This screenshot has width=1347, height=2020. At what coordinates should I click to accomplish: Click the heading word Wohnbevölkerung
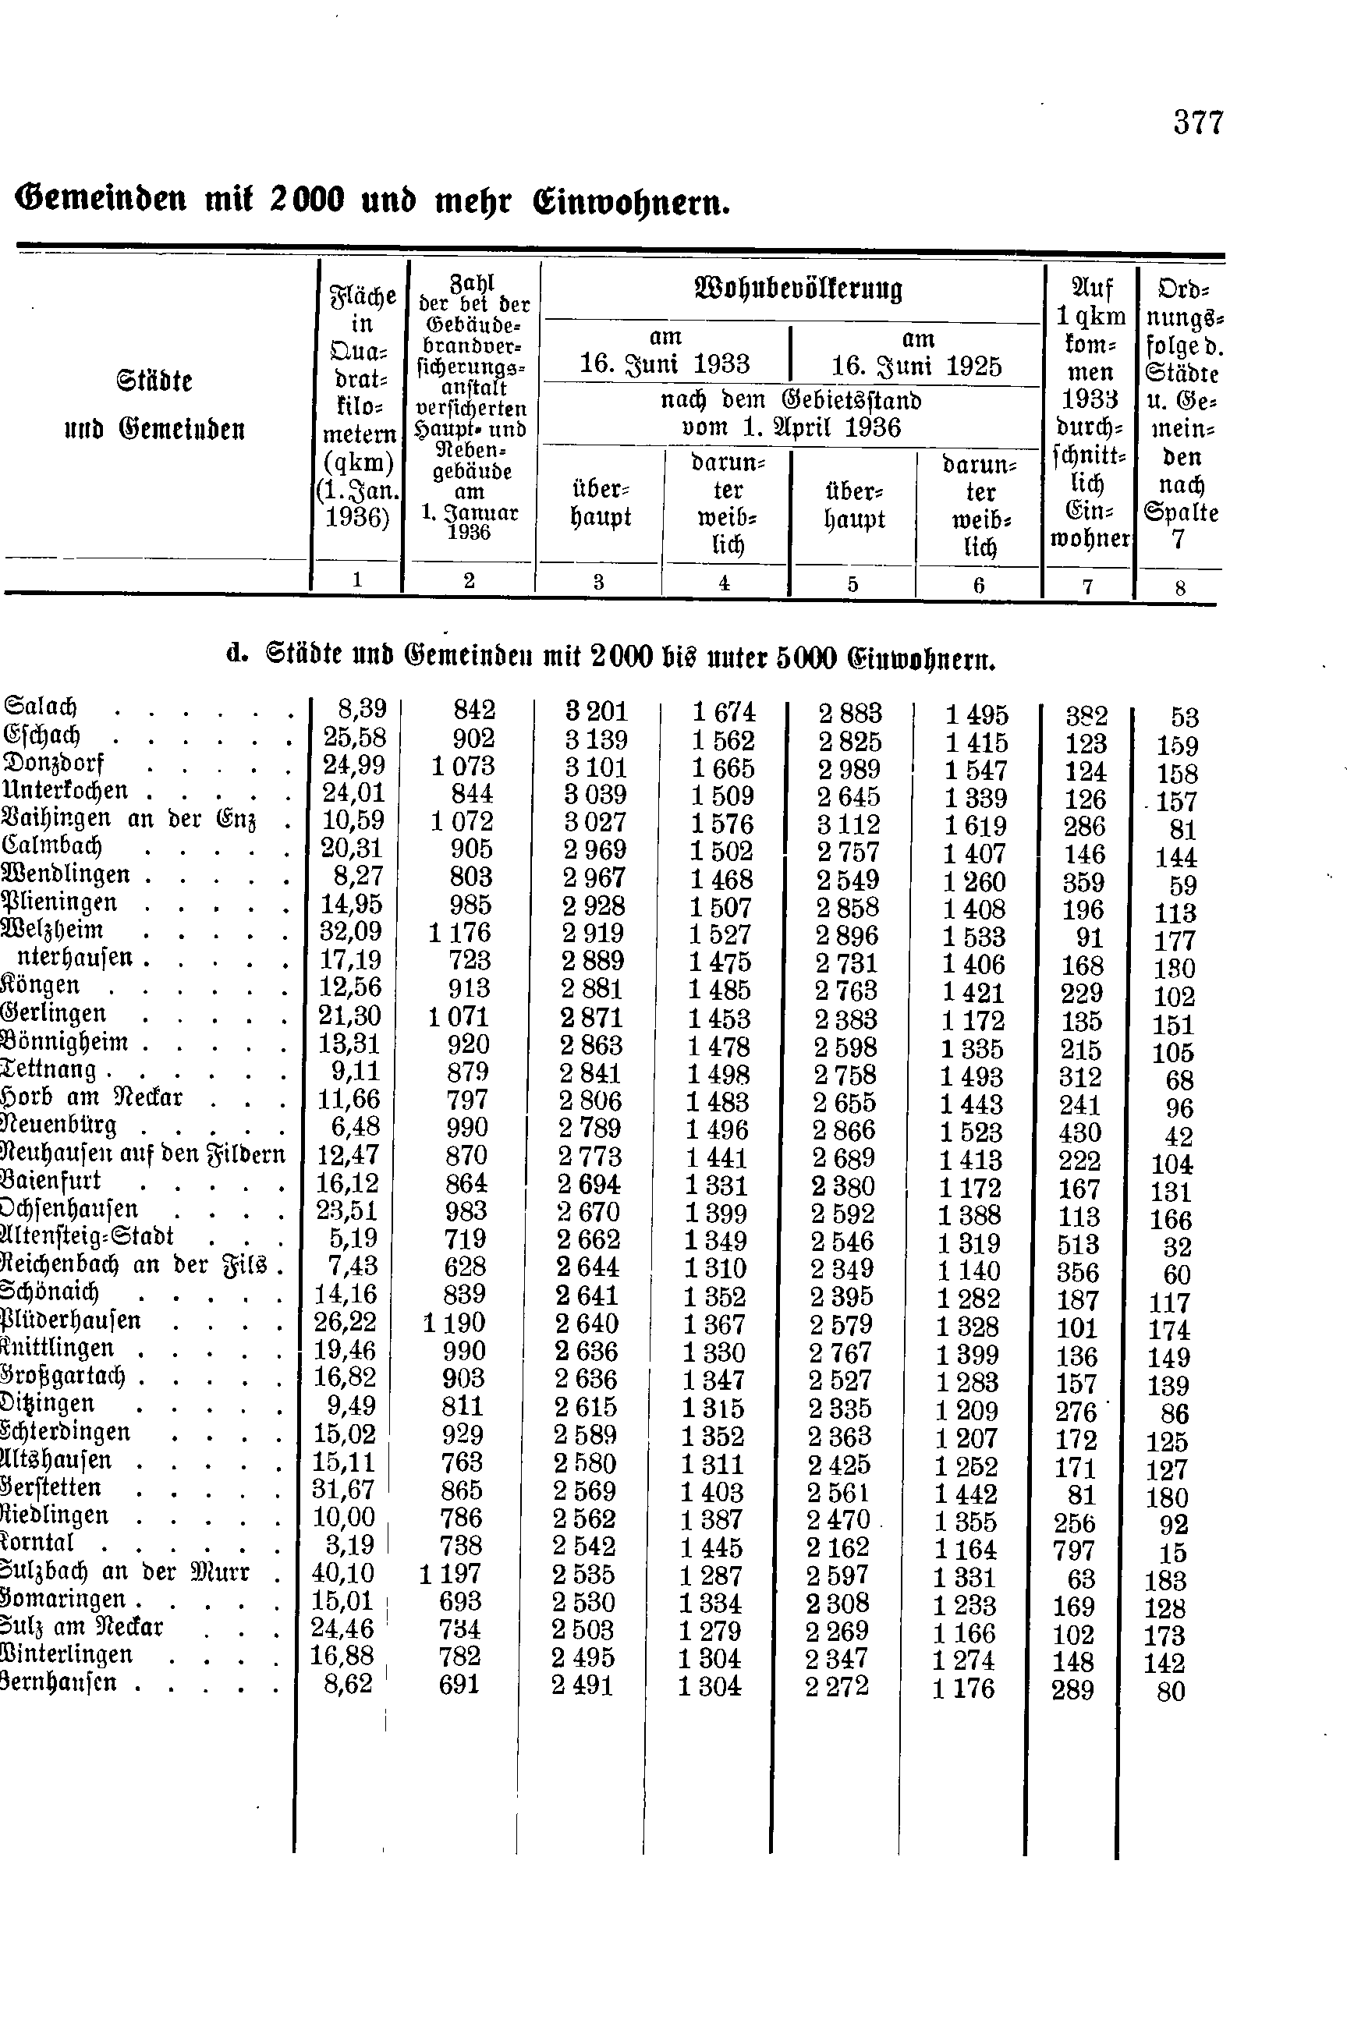coord(798,289)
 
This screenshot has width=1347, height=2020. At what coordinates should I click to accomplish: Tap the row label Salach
coord(41,707)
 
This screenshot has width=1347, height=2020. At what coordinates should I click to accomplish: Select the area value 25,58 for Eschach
coord(354,737)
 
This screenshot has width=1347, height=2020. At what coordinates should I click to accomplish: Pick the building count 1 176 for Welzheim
coord(459,932)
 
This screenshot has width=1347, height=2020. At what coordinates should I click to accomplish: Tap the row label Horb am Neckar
coord(94,1097)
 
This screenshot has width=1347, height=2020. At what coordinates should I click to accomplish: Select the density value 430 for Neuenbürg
coord(1079,1132)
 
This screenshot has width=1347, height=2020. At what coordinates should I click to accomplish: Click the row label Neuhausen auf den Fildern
coord(143,1153)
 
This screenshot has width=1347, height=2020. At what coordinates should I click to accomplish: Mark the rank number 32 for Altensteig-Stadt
coord(1177,1246)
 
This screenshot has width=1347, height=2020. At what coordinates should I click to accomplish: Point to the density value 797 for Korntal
coord(1075,1550)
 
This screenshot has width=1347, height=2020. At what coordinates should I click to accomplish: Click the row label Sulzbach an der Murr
coord(125,1571)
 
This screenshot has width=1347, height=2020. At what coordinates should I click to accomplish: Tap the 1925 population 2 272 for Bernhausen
coord(837,1686)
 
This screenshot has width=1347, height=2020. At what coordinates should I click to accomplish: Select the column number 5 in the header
coord(853,585)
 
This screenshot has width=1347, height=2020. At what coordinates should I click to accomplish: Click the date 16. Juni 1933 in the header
coord(664,364)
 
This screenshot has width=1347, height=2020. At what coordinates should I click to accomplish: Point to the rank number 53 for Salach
coord(1184,717)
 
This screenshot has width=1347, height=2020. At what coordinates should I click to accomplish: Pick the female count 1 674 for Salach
coord(723,712)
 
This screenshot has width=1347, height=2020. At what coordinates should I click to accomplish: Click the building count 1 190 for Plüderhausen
coord(455,1323)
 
